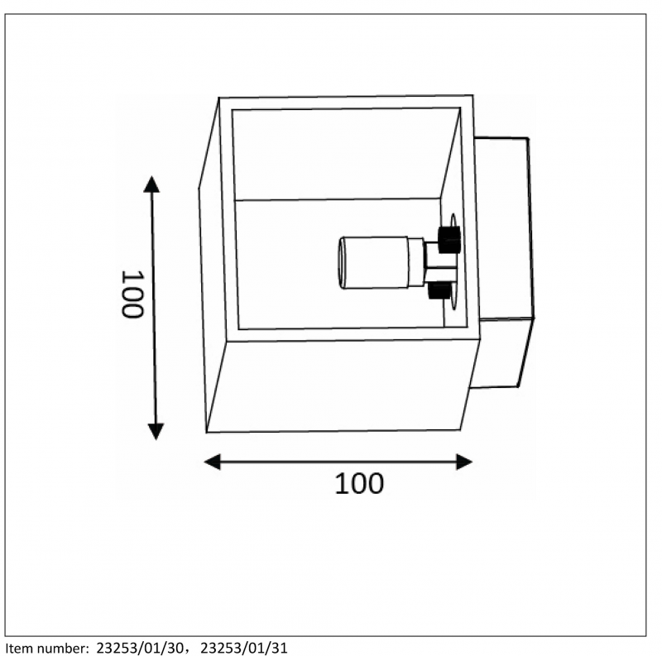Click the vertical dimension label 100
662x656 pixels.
(x=132, y=294)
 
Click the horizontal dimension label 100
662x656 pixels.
(x=359, y=483)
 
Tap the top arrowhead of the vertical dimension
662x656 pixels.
(x=151, y=184)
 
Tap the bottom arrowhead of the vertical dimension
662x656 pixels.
(x=156, y=432)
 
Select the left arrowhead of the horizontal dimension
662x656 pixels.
(x=212, y=462)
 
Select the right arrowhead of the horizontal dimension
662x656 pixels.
(x=464, y=462)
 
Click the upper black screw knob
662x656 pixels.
(x=449, y=240)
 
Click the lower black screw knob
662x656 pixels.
(x=439, y=290)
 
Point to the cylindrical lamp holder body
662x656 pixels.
(x=376, y=262)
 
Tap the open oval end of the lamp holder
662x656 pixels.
(x=342, y=263)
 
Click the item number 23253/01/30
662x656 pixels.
(x=140, y=648)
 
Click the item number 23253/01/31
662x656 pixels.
(x=244, y=648)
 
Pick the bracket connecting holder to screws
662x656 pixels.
(x=435, y=262)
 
